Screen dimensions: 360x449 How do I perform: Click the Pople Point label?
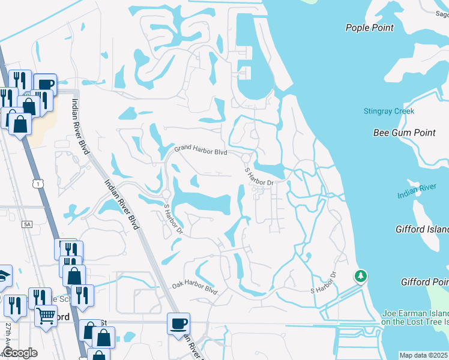[x=370, y=28]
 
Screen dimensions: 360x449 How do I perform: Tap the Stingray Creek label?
[x=388, y=111]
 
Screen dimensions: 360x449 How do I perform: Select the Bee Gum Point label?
[x=404, y=133]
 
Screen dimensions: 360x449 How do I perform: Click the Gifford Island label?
[x=422, y=230]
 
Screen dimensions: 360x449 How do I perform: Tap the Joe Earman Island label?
[x=415, y=314]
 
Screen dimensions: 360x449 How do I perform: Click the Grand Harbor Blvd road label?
[x=200, y=150]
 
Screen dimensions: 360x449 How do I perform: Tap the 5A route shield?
[x=27, y=224]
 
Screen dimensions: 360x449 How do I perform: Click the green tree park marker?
[x=360, y=276]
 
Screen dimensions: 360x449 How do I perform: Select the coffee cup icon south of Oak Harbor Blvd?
[x=179, y=324]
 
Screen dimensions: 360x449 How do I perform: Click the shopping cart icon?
[x=46, y=314]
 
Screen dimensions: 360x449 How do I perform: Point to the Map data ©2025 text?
[x=423, y=355]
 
